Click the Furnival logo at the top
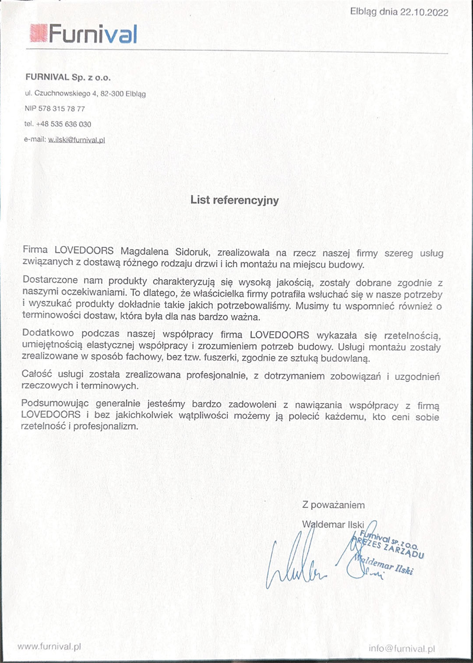tap(84, 34)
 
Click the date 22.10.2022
tap(424, 12)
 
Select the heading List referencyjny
tap(234, 200)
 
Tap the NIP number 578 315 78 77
tap(61, 109)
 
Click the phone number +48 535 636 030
tap(64, 124)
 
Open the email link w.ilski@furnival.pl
tap(76, 140)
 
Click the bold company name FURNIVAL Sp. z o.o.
tap(68, 77)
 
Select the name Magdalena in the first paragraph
tap(145, 251)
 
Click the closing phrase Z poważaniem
tap(333, 505)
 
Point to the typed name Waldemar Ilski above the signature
tap(333, 524)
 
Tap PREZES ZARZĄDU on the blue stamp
tap(388, 547)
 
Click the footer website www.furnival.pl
tap(49, 646)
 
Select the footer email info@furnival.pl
tap(402, 649)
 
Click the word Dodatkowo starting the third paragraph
tap(48, 333)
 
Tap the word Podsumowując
tap(55, 403)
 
